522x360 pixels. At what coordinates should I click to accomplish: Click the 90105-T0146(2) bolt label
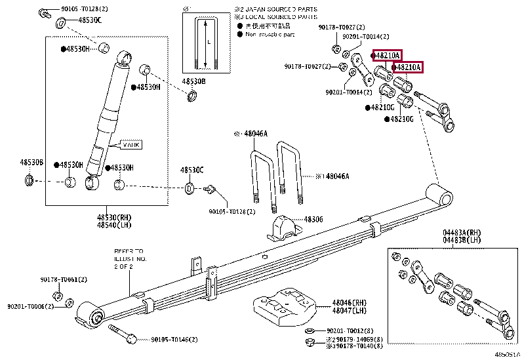pos(174,340)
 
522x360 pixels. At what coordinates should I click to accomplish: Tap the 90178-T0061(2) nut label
pos(64,279)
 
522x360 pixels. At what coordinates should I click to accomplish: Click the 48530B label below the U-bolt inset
pos(193,81)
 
